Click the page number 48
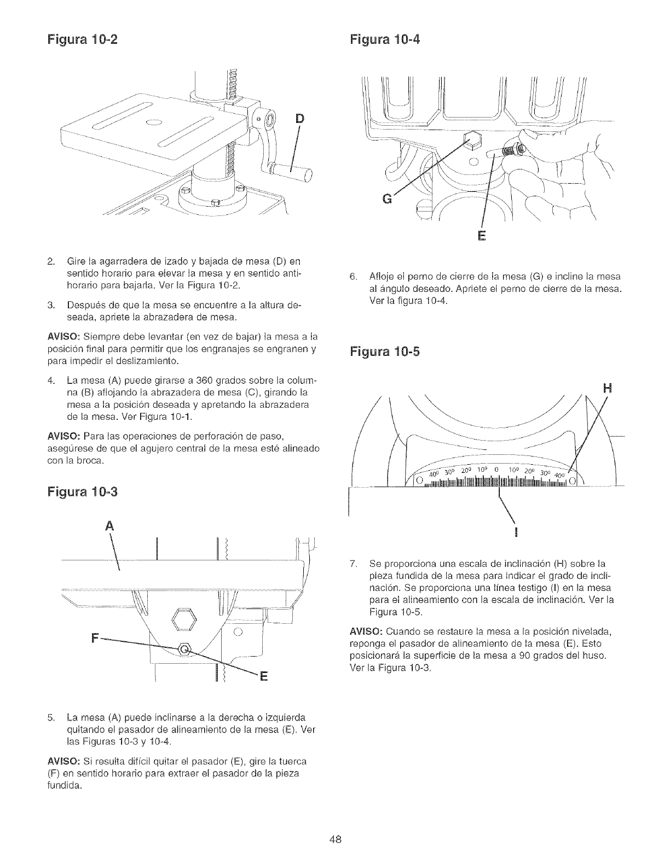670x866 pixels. click(335, 840)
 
